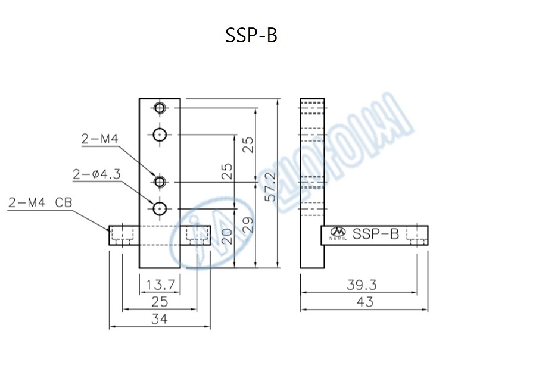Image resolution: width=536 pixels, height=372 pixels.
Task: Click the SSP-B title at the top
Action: tap(251, 36)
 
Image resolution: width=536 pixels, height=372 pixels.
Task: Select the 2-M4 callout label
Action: tap(100, 139)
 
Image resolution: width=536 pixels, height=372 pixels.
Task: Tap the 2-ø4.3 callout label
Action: tap(96, 174)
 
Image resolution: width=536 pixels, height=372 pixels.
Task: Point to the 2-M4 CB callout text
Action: tap(40, 202)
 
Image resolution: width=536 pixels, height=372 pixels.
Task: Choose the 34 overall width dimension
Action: tap(160, 320)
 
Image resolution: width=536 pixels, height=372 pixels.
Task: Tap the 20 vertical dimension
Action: tap(225, 237)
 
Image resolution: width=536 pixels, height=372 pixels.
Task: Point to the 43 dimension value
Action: tap(365, 302)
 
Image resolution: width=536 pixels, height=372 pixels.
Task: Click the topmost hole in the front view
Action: tap(159, 108)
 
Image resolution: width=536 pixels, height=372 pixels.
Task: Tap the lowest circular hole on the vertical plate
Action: tap(159, 208)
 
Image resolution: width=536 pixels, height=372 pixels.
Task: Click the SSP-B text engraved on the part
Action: tap(375, 234)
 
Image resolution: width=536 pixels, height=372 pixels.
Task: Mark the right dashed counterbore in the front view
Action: tap(196, 236)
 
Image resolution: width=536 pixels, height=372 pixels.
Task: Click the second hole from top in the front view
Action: tap(159, 135)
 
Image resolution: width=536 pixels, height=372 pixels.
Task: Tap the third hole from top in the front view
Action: tap(159, 180)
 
